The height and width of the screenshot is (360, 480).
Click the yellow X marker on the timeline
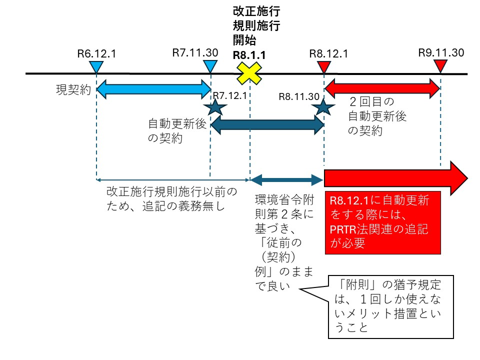[249, 73]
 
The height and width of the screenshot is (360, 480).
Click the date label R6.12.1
[96, 53]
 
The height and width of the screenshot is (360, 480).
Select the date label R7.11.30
[194, 52]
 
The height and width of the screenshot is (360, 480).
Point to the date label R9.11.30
[441, 52]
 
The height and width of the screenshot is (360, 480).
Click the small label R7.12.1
[229, 95]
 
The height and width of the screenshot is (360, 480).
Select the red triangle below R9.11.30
[440, 65]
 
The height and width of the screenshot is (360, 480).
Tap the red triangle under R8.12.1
[324, 65]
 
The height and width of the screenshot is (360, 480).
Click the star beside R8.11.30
[323, 106]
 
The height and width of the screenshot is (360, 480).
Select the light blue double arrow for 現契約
[153, 88]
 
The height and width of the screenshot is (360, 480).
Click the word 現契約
[73, 90]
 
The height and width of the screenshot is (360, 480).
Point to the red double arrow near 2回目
[382, 88]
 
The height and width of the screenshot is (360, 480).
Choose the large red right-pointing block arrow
[395, 178]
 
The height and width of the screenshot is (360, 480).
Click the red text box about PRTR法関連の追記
[382, 222]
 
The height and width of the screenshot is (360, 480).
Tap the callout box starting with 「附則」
[390, 306]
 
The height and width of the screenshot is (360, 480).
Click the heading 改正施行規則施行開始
[256, 25]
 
